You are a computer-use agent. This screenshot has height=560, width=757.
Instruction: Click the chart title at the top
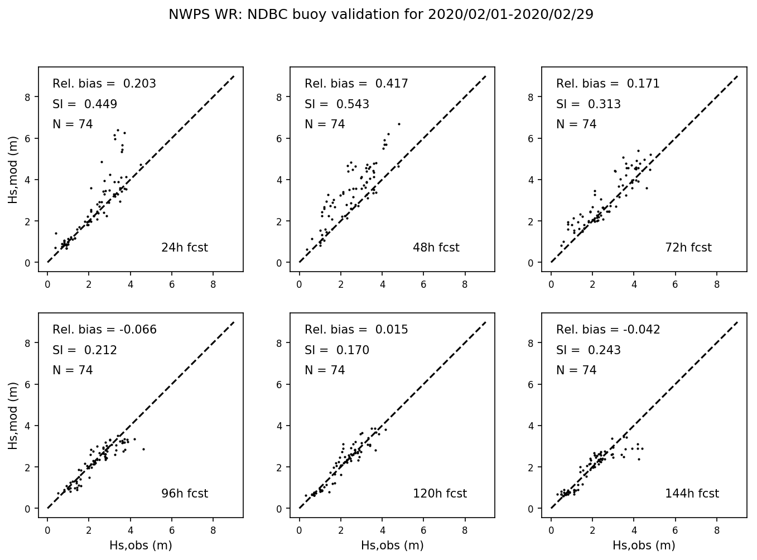pos(380,15)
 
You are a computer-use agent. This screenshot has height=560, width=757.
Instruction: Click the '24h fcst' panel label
pos(184,248)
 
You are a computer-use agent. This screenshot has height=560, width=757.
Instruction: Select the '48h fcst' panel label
pos(436,248)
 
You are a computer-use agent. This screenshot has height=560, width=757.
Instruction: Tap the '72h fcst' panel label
pos(688,248)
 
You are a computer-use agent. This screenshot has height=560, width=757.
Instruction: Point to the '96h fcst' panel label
pos(184,494)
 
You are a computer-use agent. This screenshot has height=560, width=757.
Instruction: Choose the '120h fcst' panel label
pos(440,494)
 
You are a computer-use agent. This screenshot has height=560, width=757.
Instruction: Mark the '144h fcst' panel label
pos(692,494)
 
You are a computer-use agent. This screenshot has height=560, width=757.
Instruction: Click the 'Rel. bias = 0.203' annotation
pos(104,84)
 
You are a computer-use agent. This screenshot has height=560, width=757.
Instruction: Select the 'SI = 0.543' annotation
pos(336,104)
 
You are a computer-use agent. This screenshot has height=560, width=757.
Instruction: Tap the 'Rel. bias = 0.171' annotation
pos(607,84)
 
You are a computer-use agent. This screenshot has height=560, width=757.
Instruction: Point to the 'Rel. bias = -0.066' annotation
pos(104,330)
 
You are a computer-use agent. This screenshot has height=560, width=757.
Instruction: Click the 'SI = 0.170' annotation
pos(336,350)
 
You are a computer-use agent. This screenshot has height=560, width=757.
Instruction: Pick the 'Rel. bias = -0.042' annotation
pos(608,330)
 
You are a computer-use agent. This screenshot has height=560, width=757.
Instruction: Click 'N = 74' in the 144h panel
pos(576,370)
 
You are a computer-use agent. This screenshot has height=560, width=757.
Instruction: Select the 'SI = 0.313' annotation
pos(588,104)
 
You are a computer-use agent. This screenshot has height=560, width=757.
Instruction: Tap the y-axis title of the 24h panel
pos(13,169)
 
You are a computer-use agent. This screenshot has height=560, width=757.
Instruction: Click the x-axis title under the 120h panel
pos(392,545)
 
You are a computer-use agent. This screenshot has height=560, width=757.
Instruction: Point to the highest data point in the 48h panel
pos(399,124)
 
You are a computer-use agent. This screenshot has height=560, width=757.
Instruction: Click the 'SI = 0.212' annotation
pos(85,350)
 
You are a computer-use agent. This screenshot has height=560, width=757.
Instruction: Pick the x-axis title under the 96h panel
pos(141,545)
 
